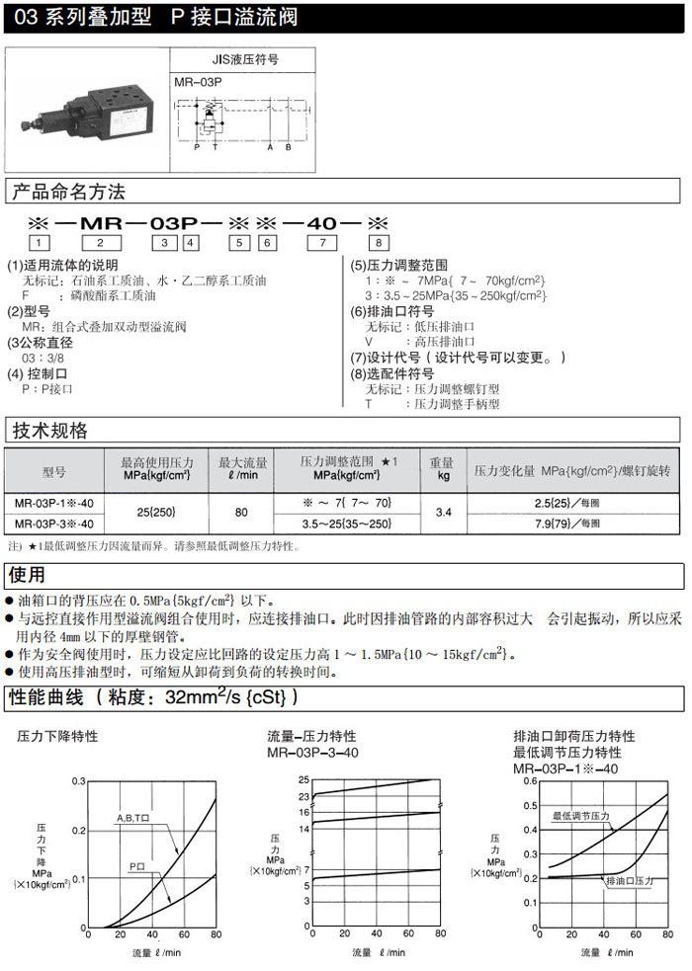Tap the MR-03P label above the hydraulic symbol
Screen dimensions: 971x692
[x=195, y=84]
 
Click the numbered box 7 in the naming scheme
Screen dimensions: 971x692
[x=321, y=242]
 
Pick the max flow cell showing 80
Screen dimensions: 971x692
[x=241, y=512]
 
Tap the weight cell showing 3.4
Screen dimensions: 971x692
[x=443, y=512]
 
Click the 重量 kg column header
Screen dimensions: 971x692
[x=442, y=468]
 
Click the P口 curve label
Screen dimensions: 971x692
[x=138, y=866]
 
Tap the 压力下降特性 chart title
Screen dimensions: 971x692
[x=57, y=737]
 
